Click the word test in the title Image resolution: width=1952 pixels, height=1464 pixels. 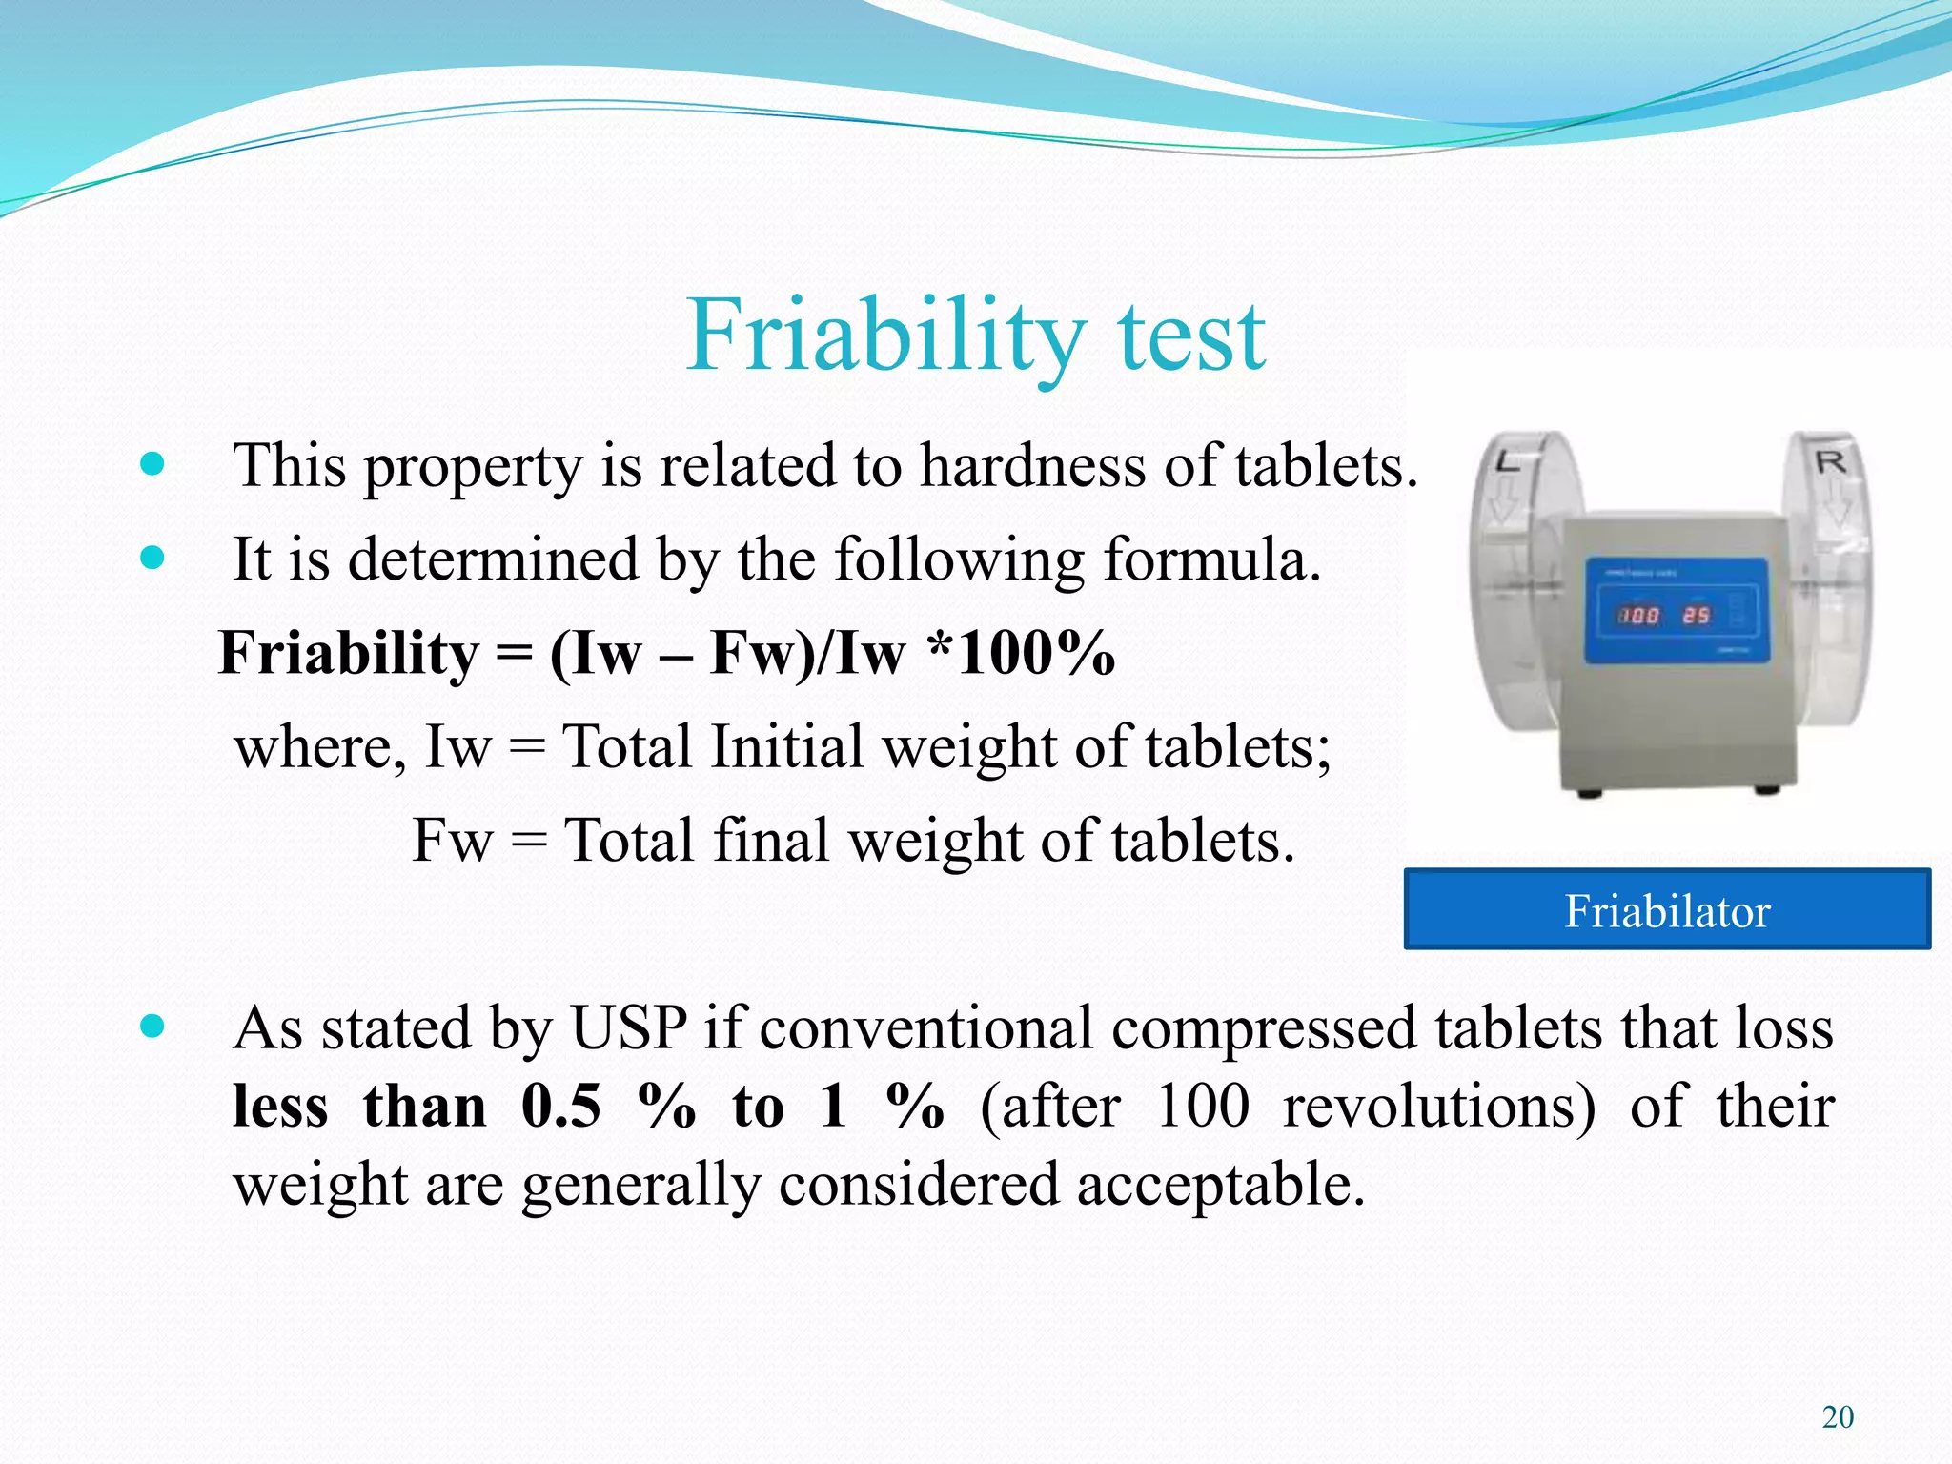point(1191,337)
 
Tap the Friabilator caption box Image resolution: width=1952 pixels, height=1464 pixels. point(1667,909)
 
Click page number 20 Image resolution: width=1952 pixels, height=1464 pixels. point(1838,1417)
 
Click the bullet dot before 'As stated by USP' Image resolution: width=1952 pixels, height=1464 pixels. point(152,1027)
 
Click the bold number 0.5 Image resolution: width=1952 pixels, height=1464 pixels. point(561,1107)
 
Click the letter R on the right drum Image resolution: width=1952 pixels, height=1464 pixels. point(1831,463)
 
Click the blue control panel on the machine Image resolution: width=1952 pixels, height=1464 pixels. point(1676,610)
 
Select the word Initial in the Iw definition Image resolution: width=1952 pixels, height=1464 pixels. point(786,746)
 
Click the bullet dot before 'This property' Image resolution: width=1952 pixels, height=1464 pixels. point(152,465)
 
